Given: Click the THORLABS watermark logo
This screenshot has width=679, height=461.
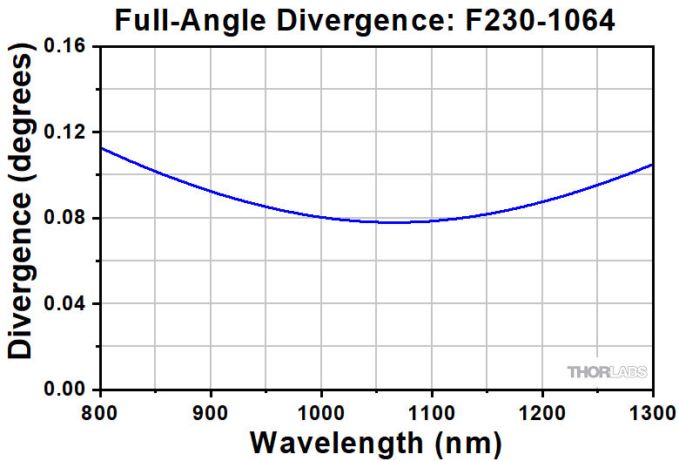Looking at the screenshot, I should [607, 372].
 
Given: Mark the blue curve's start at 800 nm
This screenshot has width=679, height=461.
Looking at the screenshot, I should [102, 147].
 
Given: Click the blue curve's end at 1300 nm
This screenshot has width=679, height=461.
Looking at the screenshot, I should [652, 165].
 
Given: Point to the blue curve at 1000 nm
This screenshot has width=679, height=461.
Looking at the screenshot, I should [322, 217].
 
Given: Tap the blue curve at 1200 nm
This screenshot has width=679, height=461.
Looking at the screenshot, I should [542, 201].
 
